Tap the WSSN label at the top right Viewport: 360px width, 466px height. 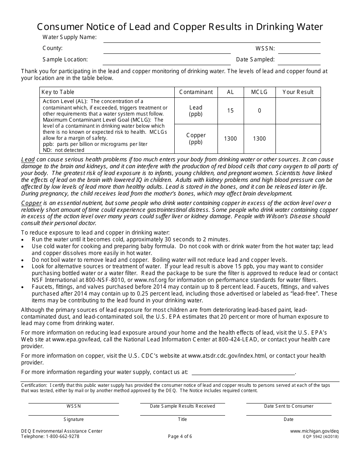click(265, 48)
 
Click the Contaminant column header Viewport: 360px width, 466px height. click(196, 92)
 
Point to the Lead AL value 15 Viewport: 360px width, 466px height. click(230, 111)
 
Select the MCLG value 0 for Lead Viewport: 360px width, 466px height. click(260, 111)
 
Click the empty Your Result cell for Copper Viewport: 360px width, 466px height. click(298, 139)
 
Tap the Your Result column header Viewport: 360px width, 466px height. click(298, 92)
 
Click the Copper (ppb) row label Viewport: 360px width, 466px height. click(196, 139)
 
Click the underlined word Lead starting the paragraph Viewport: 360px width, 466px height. click(28, 160)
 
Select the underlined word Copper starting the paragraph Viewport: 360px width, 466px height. click(31, 203)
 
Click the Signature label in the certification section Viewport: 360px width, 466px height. click(74, 419)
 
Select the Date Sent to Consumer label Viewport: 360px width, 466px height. click(289, 406)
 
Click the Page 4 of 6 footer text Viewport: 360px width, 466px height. click(180, 436)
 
